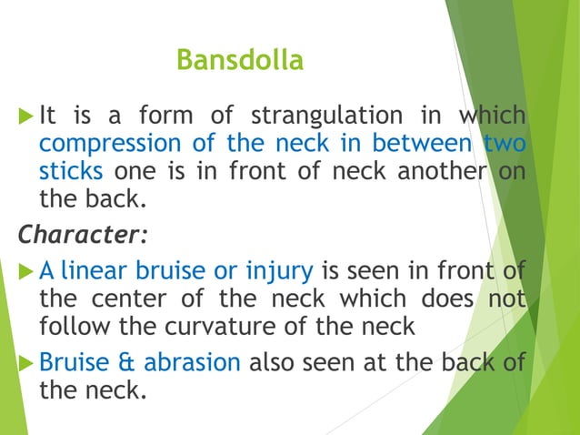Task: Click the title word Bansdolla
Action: pos(239,61)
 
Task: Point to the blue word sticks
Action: pos(69,171)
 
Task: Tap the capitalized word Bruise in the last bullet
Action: pos(71,362)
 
